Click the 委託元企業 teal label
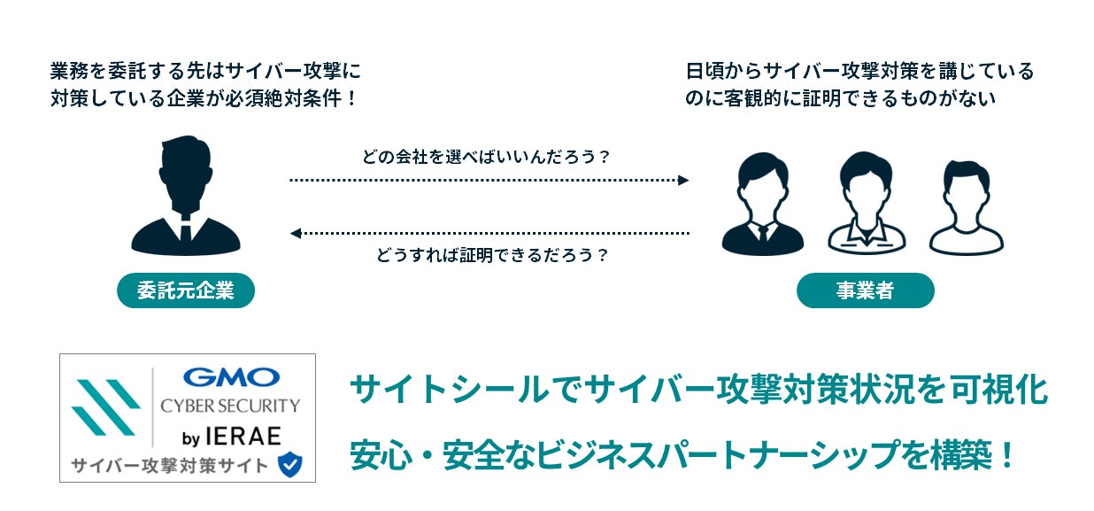(x=186, y=290)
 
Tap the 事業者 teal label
(x=865, y=290)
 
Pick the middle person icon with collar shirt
(x=867, y=205)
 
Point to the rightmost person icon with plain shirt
(x=967, y=208)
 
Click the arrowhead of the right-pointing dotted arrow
(x=683, y=180)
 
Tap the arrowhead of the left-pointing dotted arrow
(x=296, y=233)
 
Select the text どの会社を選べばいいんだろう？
(x=487, y=158)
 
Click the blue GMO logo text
(x=231, y=378)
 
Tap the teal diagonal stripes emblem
(x=105, y=407)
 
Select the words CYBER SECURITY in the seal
(x=230, y=406)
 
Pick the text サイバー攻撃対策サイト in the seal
(x=170, y=465)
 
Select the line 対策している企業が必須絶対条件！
(x=204, y=98)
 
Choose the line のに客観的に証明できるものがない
(x=841, y=98)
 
